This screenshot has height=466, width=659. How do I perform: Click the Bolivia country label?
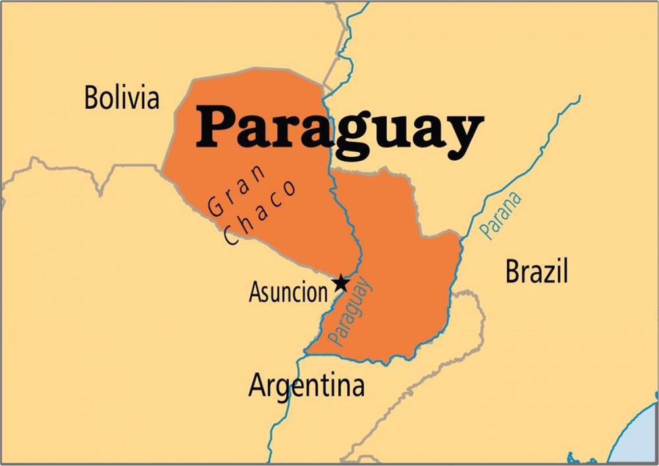click(x=122, y=98)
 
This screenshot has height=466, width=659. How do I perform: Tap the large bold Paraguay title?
click(x=339, y=130)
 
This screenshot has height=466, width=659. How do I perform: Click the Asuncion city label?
click(x=287, y=292)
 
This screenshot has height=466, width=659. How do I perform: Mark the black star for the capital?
click(x=341, y=283)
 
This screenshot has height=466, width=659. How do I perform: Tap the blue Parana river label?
click(x=500, y=215)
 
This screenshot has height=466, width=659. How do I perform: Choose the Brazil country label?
click(x=536, y=272)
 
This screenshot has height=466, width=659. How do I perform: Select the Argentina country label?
click(x=306, y=386)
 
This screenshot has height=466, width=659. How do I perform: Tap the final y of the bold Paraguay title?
click(x=461, y=135)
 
